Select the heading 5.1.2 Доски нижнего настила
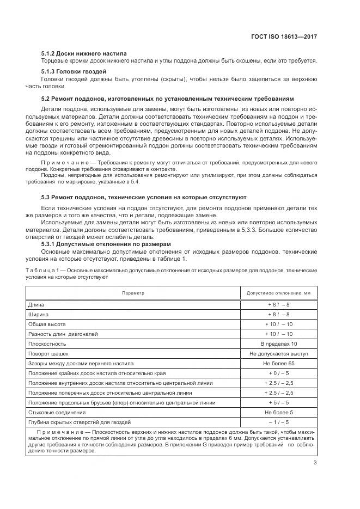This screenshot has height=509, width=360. (x=84, y=53)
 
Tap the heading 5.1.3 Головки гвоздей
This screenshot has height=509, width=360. (x=74, y=72)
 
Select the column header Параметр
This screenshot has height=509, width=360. (x=133, y=293)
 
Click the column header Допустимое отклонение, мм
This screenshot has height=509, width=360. (x=278, y=293)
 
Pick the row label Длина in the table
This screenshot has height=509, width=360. (x=36, y=305)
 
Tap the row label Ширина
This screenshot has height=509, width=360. (x=38, y=314)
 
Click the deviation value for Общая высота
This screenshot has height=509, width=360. (x=278, y=324)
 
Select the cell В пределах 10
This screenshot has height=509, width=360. (x=278, y=344)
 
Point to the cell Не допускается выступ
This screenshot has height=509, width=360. (x=278, y=353)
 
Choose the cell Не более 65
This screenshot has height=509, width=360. (x=278, y=363)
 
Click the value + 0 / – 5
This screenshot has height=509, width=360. (x=278, y=373)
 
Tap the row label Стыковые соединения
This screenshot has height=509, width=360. (x=55, y=412)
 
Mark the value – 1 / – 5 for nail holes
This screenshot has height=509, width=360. (x=278, y=422)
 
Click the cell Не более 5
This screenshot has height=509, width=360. (x=278, y=412)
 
